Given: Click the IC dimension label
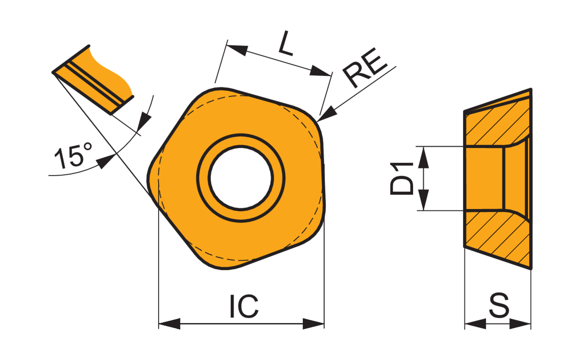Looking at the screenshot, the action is pos(244,306).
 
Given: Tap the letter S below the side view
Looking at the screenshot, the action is pos(499,305).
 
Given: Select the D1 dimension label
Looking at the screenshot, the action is pos(402,178).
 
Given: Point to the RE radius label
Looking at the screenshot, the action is pos(365,68).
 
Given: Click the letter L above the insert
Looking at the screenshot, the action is pos(286,43).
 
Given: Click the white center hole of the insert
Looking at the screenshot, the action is pos(241,178).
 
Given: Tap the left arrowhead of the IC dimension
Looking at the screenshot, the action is pos(169,324).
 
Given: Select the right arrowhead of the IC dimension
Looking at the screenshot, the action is pos(313,324).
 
